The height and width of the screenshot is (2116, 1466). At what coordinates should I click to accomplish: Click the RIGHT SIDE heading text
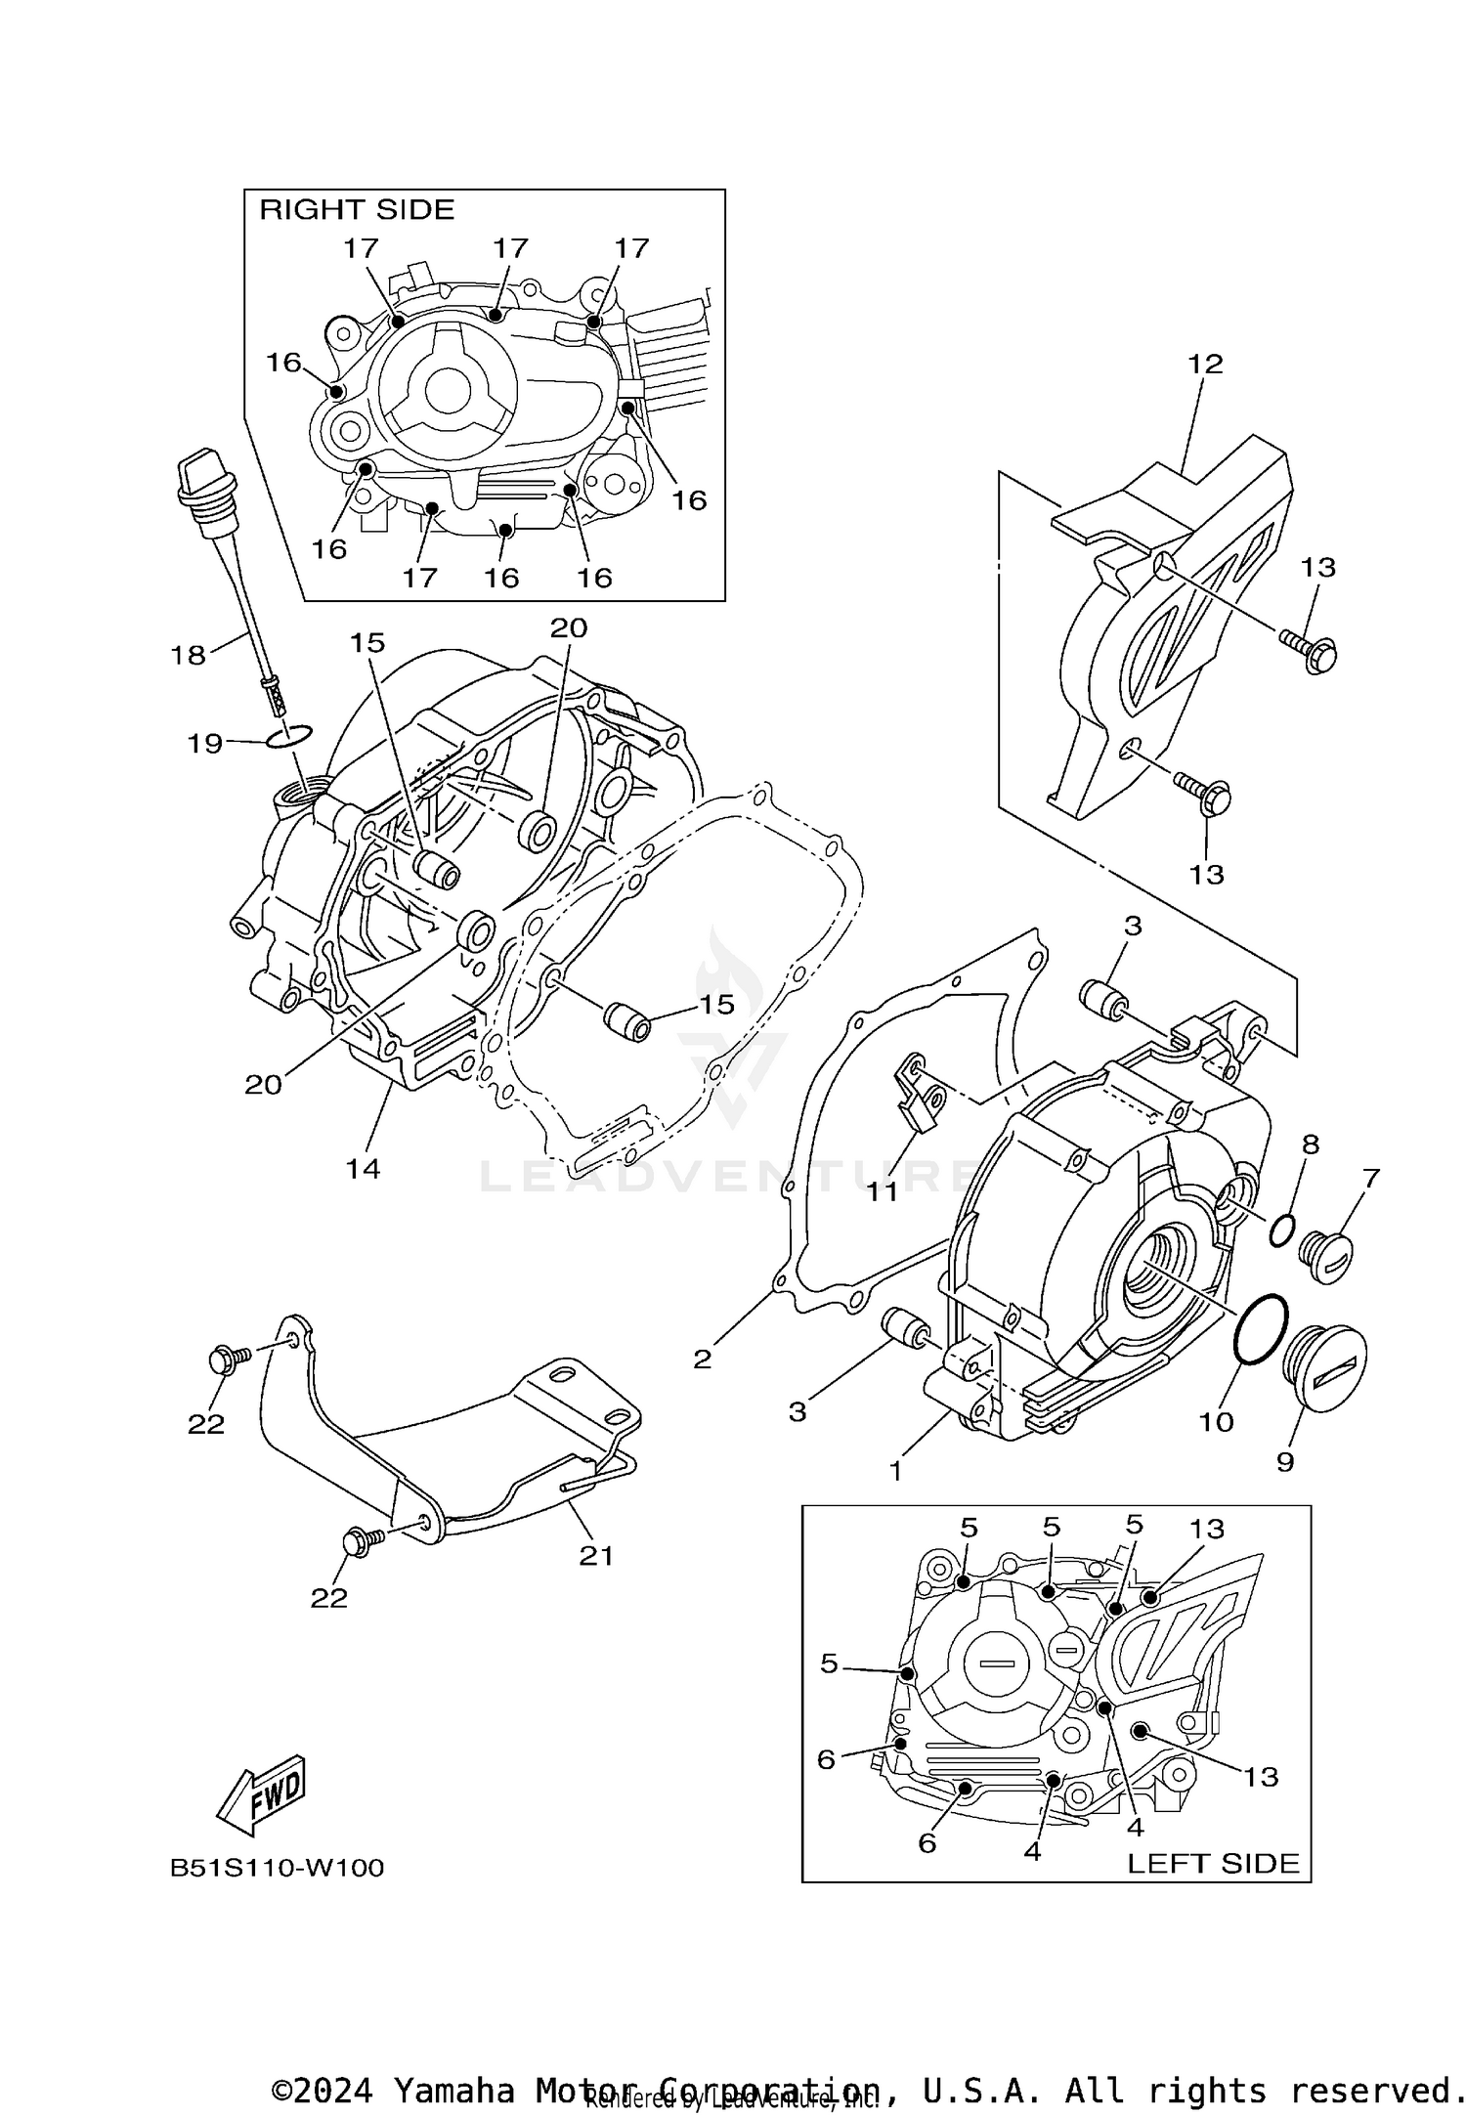coord(357,209)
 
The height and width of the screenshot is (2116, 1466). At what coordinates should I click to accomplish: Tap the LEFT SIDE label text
coord(1213,1863)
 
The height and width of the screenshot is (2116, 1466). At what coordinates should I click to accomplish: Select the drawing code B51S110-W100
coord(277,1868)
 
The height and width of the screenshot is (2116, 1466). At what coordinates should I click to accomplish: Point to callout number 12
coord(1205,364)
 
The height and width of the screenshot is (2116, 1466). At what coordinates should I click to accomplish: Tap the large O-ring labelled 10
coord(1261,1328)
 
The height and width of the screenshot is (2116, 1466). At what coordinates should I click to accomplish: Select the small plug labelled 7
coord(1327,1257)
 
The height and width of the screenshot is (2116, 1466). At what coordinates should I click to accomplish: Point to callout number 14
coord(363,1168)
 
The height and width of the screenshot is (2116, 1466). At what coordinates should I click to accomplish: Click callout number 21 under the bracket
coord(595,1555)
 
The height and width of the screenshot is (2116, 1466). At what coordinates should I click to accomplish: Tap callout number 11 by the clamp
coord(884,1190)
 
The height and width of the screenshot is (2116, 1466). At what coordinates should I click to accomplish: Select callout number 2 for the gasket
coord(702,1359)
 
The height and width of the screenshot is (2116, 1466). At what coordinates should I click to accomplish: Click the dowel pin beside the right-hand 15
coord(627,1021)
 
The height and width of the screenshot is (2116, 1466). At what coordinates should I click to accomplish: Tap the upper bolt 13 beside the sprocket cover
coord(1309,649)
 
